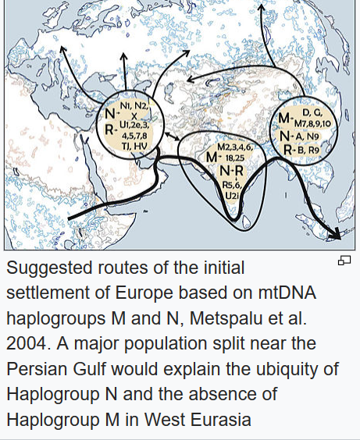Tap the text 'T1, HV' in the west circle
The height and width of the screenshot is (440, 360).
coord(135,145)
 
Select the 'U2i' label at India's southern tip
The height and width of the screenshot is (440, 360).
coord(232,195)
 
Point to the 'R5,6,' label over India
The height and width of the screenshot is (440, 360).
coord(232,184)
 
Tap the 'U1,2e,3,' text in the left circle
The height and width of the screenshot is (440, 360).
coord(137,125)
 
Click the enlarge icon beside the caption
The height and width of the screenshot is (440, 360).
coord(344,260)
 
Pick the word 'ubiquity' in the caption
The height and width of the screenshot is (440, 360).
coord(297,368)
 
